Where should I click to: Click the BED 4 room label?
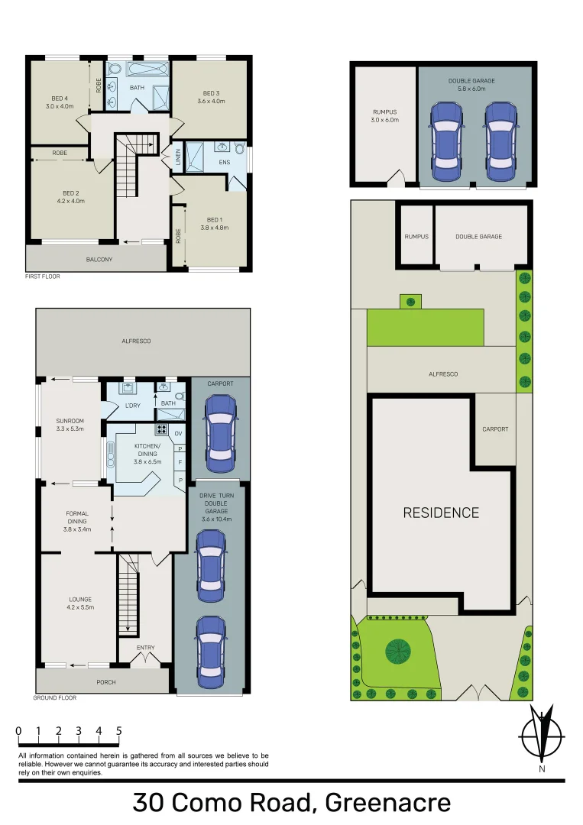60,98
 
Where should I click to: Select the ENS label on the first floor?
225,162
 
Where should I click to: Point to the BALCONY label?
99,260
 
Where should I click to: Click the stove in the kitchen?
161,429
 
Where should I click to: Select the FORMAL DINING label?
77,518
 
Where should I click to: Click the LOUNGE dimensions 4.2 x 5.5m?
80,607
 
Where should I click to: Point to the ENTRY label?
145,648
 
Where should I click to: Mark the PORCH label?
105,682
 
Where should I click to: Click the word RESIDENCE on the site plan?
441,513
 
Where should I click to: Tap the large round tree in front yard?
398,651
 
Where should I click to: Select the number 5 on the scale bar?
118,731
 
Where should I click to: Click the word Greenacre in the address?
387,804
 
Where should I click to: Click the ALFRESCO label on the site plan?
442,374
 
